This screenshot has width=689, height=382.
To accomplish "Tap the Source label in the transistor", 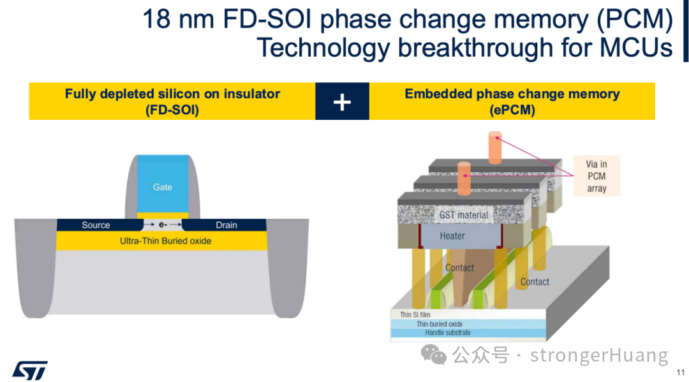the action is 96,225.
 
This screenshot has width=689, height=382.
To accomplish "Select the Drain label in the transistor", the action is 226,225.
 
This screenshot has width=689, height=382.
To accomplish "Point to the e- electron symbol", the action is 163,225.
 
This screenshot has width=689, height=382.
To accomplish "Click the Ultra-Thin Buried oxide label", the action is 166,241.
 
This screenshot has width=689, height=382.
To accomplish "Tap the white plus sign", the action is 342,102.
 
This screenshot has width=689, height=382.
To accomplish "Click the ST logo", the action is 30,371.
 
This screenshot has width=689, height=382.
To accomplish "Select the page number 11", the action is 680,372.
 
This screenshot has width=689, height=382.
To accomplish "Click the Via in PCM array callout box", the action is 596,176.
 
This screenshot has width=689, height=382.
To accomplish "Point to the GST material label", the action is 464,215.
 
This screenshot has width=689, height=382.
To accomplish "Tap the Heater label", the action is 452,236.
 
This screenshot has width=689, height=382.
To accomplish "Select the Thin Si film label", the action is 415,315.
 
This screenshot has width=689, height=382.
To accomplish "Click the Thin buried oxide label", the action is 440,324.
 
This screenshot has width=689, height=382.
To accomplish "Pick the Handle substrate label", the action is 448,333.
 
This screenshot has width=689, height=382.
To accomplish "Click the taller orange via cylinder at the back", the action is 495,147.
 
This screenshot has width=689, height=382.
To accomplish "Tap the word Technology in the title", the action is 323,47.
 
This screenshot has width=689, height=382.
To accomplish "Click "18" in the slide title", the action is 156,19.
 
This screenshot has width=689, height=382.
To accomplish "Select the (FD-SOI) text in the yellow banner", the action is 172,110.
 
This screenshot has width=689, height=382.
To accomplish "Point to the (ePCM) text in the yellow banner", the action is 512,110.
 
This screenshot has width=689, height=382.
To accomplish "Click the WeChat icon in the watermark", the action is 434,355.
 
